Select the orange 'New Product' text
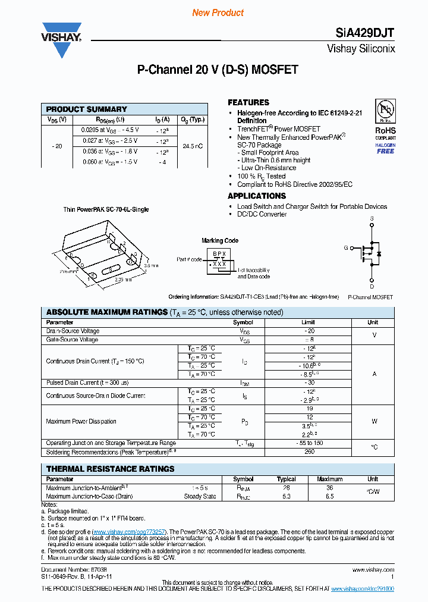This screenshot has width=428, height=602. tap(218, 12)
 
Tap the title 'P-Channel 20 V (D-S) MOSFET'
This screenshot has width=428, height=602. tap(218, 70)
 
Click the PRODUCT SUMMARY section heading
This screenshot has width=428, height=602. tap(87, 109)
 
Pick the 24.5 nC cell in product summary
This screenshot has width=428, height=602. tap(192, 146)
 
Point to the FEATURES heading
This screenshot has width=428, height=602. tap(248, 102)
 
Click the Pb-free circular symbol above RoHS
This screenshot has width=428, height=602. tap(385, 110)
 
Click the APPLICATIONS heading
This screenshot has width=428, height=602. tap(257, 196)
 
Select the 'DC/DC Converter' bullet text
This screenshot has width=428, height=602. tap(262, 214)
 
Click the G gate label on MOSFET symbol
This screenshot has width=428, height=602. tap(346, 248)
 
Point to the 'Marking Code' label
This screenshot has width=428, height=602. tap(220, 240)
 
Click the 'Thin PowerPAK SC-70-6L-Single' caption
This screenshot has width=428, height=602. tap(106, 209)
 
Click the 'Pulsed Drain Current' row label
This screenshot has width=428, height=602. tap(87, 382)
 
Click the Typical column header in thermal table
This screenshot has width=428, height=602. tap(287, 479)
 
